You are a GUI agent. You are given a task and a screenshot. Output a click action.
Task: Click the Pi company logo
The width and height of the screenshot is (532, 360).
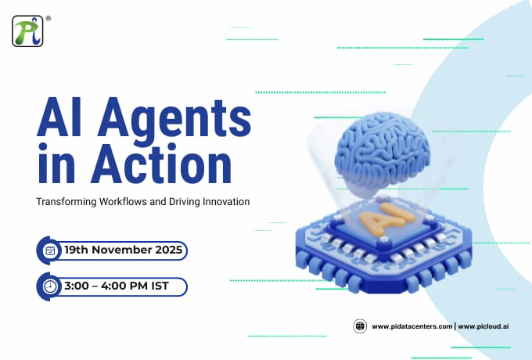[x=27, y=31]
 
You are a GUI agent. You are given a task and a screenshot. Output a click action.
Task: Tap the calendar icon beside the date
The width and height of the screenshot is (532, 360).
[x=50, y=250]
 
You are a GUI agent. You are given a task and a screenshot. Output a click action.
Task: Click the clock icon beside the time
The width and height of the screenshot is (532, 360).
[x=50, y=286]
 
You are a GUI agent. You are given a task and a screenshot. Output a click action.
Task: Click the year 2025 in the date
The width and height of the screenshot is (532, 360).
[x=167, y=250]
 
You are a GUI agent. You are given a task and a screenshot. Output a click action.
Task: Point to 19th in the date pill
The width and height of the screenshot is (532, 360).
[x=78, y=250]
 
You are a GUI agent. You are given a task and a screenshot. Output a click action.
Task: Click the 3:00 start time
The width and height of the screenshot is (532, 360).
[x=78, y=286]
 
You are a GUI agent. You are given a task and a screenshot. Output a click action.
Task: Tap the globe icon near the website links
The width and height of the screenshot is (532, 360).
[x=361, y=326]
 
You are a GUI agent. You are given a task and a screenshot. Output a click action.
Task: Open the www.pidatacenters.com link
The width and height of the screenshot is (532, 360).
[x=412, y=326]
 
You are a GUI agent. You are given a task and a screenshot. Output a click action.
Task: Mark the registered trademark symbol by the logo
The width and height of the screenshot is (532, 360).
[x=48, y=16]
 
